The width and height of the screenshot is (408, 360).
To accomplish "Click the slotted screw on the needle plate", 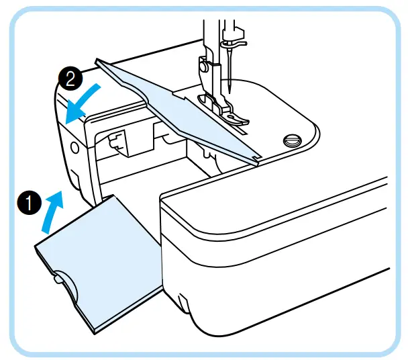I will pyautogui.click(x=291, y=140).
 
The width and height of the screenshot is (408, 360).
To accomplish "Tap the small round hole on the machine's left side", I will pyautogui.click(x=74, y=144).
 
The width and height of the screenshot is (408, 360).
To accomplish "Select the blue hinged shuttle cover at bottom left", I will pyautogui.click(x=101, y=262).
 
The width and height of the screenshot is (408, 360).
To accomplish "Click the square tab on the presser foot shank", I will pyautogui.click(x=201, y=66).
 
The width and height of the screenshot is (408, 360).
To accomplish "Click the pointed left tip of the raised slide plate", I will pyautogui.click(x=99, y=61).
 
